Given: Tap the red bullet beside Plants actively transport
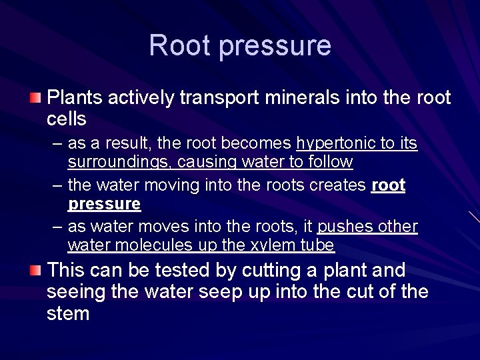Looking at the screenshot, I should coord(35,99).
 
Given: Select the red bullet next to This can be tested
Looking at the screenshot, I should coord(35,271).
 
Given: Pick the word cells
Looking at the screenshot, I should coord(67,119).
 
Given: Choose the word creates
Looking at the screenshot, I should coord(338,185).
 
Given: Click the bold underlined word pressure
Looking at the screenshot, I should coord(104,203).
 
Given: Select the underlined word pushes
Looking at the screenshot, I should coord(346,227).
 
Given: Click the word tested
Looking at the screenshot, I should coord(183,271).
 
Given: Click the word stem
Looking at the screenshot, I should coord(68,313).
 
